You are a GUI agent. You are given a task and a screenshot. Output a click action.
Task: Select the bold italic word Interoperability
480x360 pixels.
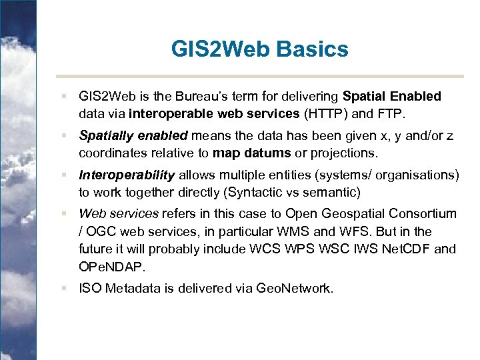pos(127,175)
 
